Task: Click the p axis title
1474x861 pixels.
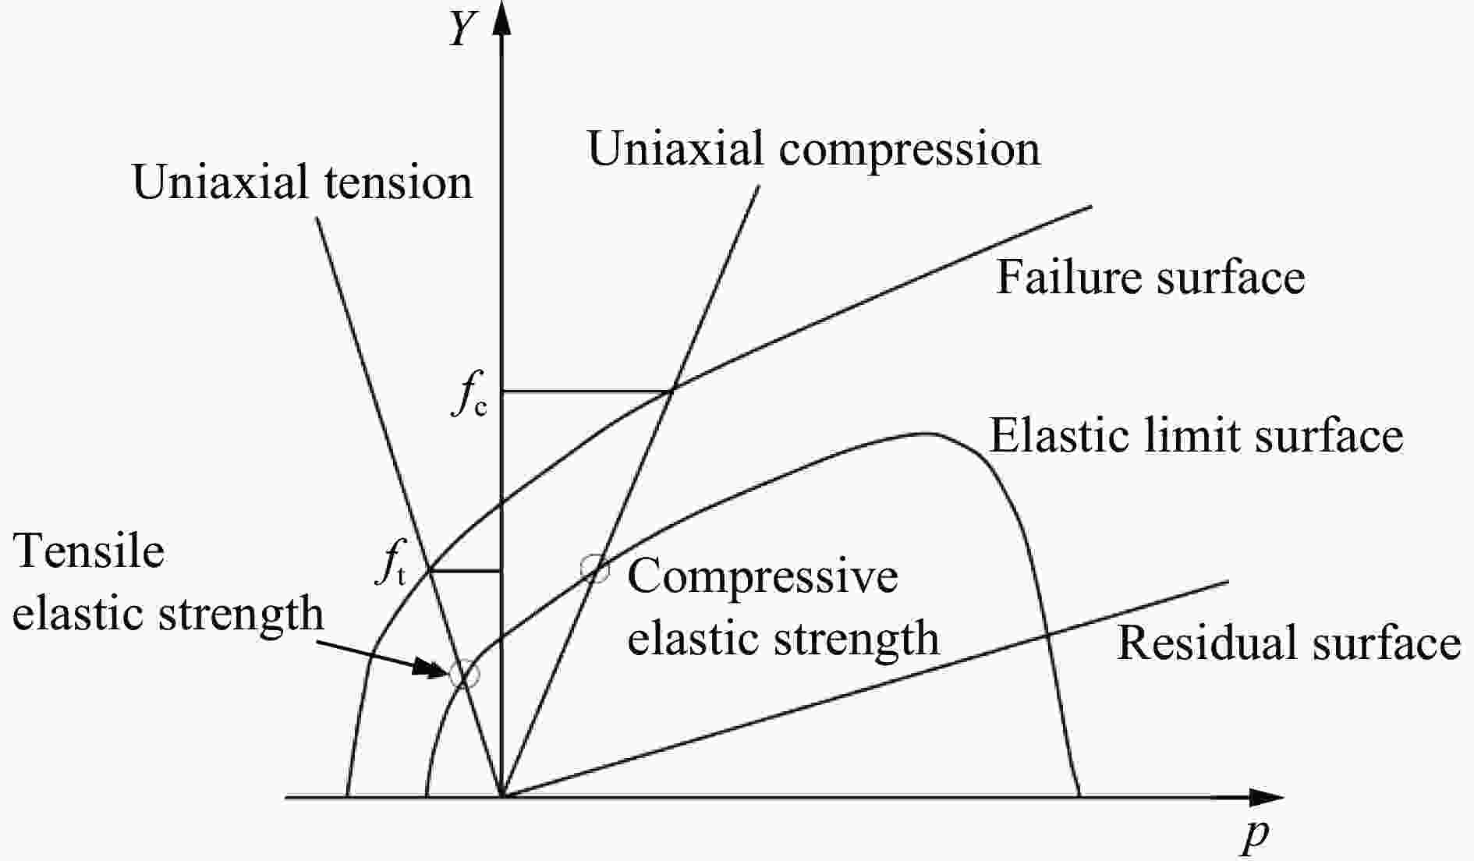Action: pyautogui.click(x=1255, y=835)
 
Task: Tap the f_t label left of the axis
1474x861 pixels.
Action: pyautogui.click(x=391, y=565)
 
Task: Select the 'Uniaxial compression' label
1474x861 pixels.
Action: pyautogui.click(x=813, y=150)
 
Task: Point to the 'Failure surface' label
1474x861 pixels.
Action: pyautogui.click(x=1150, y=277)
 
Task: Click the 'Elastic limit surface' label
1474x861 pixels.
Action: pyautogui.click(x=1196, y=435)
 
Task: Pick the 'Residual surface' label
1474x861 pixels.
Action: pyautogui.click(x=1288, y=643)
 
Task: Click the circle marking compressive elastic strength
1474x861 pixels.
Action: pyautogui.click(x=595, y=569)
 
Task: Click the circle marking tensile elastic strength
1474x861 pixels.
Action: pyautogui.click(x=463, y=673)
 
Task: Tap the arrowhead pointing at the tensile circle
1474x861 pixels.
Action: pyautogui.click(x=433, y=668)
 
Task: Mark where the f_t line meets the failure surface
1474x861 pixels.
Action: pyautogui.click(x=431, y=571)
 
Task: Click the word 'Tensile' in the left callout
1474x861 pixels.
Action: pyautogui.click(x=90, y=551)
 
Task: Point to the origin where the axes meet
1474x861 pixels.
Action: pyautogui.click(x=502, y=797)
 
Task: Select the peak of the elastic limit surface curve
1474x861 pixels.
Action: pyautogui.click(x=925, y=434)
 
